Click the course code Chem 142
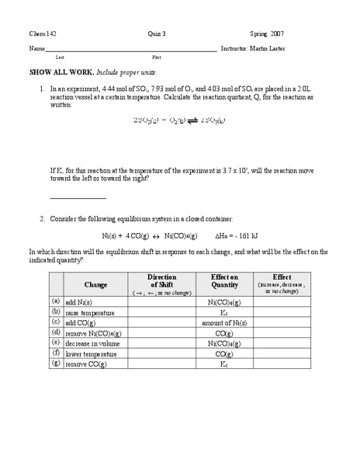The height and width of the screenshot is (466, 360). click(42, 33)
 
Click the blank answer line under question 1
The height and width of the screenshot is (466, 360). click(77, 199)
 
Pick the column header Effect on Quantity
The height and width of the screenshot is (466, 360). click(224, 281)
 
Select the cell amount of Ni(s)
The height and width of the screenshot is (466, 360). click(224, 322)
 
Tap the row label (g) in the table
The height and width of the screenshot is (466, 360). click(57, 362)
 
